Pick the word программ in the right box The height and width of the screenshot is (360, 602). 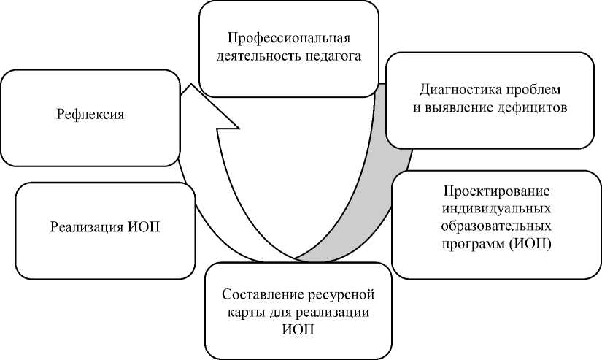474,243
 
